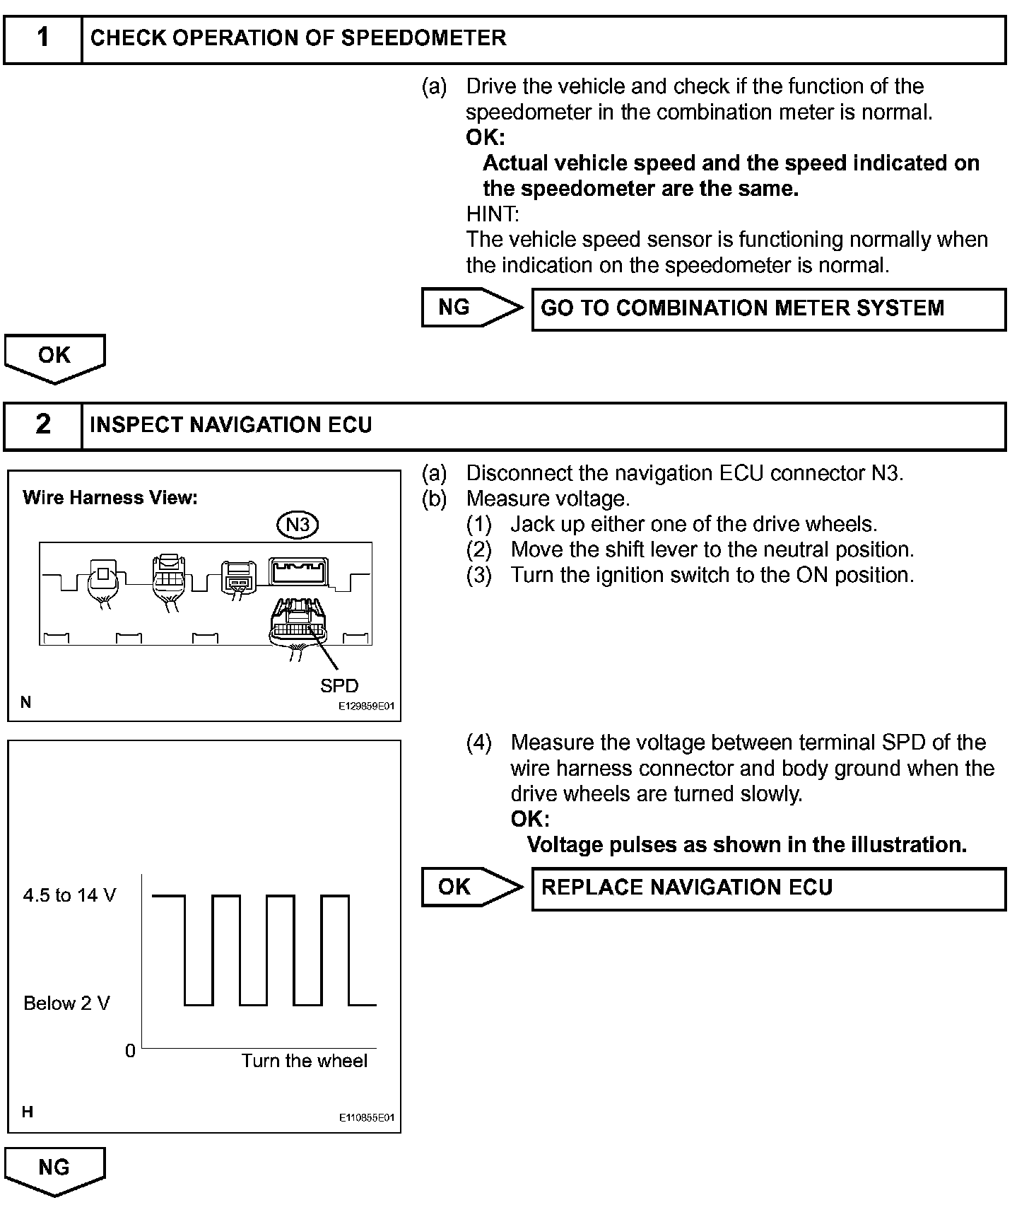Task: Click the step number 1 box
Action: click(x=43, y=39)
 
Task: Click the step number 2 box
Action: click(x=43, y=425)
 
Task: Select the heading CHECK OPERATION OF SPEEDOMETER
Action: click(x=298, y=38)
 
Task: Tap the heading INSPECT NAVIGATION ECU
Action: click(x=231, y=425)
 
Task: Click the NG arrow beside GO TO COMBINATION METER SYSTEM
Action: click(x=470, y=308)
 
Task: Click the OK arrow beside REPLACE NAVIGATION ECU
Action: click(x=470, y=887)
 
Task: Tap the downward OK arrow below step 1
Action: click(x=54, y=357)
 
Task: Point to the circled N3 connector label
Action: click(x=298, y=525)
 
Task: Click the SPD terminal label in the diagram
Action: click(x=339, y=686)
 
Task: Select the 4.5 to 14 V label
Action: click(x=69, y=896)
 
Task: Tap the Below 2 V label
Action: click(x=66, y=1003)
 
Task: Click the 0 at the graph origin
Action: click(x=130, y=1052)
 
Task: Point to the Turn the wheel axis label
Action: click(x=305, y=1061)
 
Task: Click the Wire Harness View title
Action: click(x=110, y=498)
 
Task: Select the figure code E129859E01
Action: click(x=365, y=706)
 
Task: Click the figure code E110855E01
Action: click(x=365, y=1118)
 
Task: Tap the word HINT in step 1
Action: click(x=492, y=214)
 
